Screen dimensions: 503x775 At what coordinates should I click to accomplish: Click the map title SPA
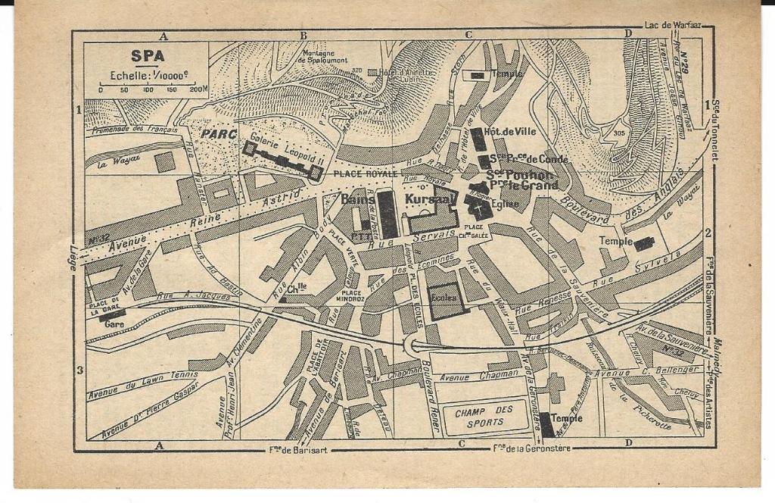pyautogui.click(x=147, y=55)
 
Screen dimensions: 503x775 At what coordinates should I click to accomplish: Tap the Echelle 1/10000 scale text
pyautogui.click(x=148, y=75)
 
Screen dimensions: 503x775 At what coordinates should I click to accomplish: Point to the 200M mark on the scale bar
pyautogui.click(x=198, y=89)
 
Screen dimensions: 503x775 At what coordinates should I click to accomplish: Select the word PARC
pyautogui.click(x=219, y=134)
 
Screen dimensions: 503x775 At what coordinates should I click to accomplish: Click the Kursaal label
pyautogui.click(x=430, y=199)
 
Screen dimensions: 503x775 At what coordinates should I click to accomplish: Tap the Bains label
pyautogui.click(x=358, y=199)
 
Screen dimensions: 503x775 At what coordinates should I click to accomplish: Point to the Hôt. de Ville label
pyautogui.click(x=510, y=131)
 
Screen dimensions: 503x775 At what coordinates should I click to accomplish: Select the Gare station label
pyautogui.click(x=114, y=323)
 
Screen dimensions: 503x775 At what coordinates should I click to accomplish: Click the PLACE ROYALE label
pyautogui.click(x=364, y=173)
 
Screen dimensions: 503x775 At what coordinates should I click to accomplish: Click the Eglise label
pyautogui.click(x=505, y=203)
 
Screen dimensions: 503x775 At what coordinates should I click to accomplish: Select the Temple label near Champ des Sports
pyautogui.click(x=567, y=417)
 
